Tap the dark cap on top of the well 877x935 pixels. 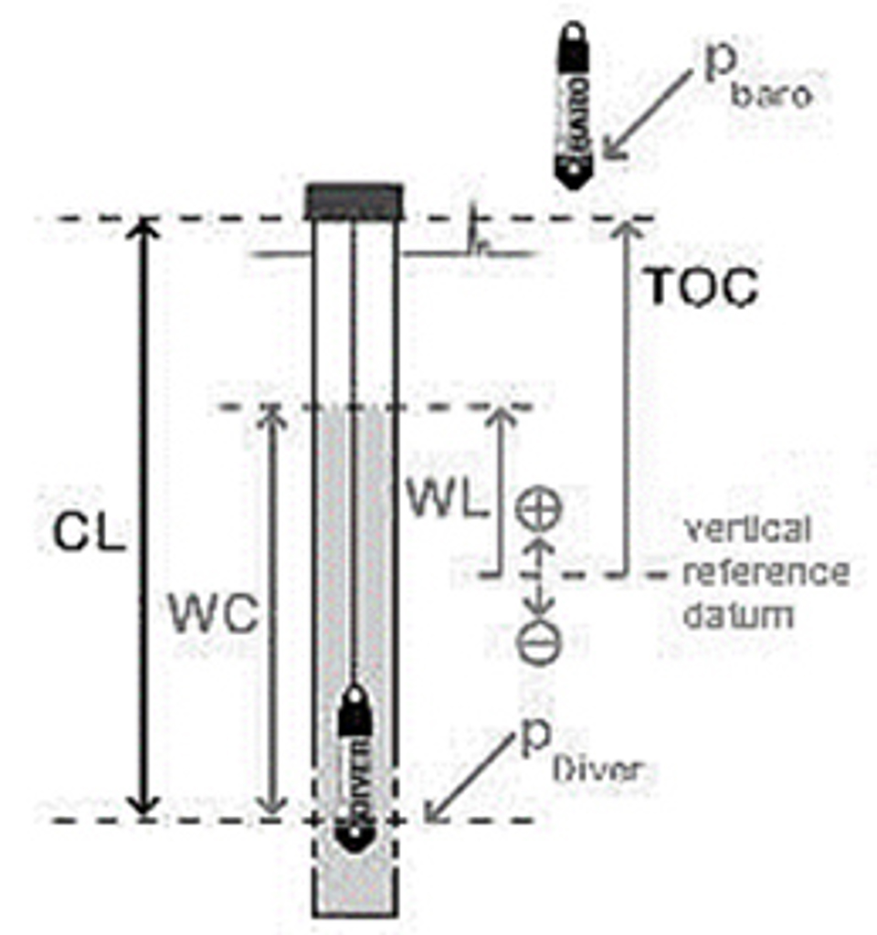click(354, 200)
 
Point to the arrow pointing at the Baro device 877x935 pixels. click(653, 115)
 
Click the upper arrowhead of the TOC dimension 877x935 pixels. click(626, 228)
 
